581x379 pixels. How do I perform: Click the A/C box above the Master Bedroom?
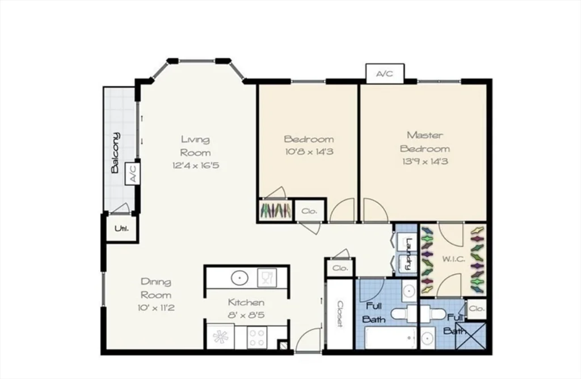tap(385, 73)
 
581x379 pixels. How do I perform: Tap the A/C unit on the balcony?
tap(133, 173)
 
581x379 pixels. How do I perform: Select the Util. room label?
tap(121, 228)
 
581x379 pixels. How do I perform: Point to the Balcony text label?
tap(116, 152)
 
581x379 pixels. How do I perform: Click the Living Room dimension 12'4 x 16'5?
tap(196, 165)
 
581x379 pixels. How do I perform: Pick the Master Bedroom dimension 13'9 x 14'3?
tap(425, 161)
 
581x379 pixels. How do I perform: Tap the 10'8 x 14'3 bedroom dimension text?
tap(309, 151)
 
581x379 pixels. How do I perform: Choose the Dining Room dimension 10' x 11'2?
tap(156, 308)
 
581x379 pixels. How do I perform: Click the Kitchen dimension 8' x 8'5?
tap(246, 316)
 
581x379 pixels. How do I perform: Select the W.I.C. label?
tap(453, 259)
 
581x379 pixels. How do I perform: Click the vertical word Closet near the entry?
tap(340, 314)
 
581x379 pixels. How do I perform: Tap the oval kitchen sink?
tap(240, 278)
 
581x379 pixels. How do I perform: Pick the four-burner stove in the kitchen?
tap(257, 337)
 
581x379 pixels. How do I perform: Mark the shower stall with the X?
tap(470, 336)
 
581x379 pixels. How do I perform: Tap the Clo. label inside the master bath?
tap(477, 308)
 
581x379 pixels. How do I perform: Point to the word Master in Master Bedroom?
tap(425, 135)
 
